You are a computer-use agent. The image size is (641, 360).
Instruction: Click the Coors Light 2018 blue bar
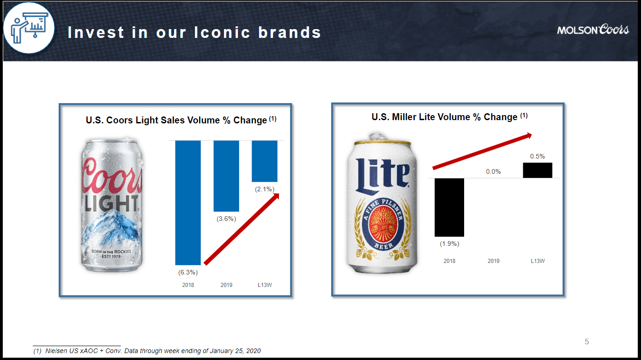pos(187,202)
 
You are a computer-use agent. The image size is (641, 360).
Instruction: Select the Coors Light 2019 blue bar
pos(226,176)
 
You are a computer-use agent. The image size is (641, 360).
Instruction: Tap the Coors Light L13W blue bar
pos(264,161)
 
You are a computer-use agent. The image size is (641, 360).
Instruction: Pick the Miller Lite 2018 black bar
pos(449,207)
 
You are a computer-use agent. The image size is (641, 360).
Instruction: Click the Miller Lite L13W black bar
pos(537,170)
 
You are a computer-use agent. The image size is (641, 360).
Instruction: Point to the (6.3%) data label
pos(188,272)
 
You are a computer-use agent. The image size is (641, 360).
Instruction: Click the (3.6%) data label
pos(226,219)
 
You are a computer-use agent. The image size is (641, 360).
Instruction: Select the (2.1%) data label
pos(265,189)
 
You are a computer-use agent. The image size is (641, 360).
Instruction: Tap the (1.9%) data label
pos(449,244)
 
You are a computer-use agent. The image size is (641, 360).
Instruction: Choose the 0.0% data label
pos(493,171)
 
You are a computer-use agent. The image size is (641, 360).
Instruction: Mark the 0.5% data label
pos(538,156)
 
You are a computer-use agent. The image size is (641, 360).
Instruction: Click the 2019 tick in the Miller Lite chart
pos(493,261)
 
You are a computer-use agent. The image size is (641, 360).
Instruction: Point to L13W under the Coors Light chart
pos(265,285)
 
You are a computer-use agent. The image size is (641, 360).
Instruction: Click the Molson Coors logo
pos(593,30)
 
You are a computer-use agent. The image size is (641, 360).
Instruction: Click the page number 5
pos(587,342)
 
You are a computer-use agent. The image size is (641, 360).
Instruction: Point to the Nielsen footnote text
pos(147,351)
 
